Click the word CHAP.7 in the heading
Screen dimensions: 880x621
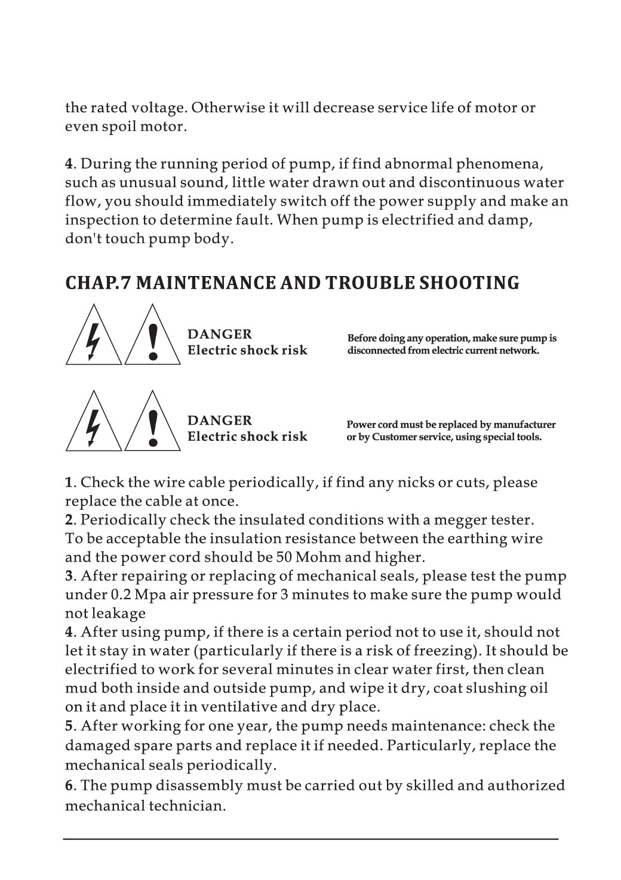pyautogui.click(x=98, y=283)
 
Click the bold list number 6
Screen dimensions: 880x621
pyautogui.click(x=69, y=786)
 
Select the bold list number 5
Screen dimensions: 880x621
pyautogui.click(x=69, y=726)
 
